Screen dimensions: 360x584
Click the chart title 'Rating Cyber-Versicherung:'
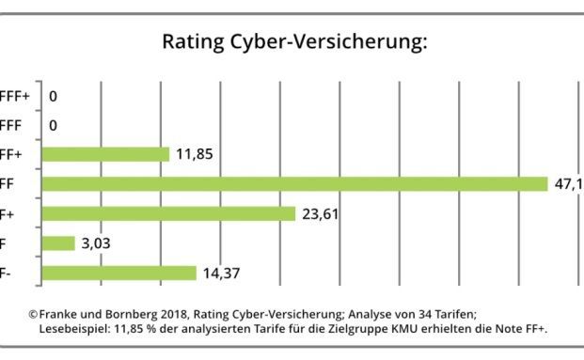point(295,42)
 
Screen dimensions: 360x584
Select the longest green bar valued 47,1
point(294,183)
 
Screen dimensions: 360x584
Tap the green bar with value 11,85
point(105,154)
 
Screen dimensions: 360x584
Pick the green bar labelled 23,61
point(169,213)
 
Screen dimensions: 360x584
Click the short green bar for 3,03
point(58,243)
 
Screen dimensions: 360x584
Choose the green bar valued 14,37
point(119,273)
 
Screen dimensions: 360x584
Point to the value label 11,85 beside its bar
point(195,154)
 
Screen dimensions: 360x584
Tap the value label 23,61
point(321,213)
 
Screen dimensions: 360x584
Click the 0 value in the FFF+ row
point(53,96)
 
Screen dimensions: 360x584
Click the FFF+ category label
point(15,96)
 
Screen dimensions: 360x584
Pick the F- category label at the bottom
point(7,273)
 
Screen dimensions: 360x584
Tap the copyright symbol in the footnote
point(33,314)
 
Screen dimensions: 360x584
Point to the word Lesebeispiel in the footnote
point(74,329)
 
